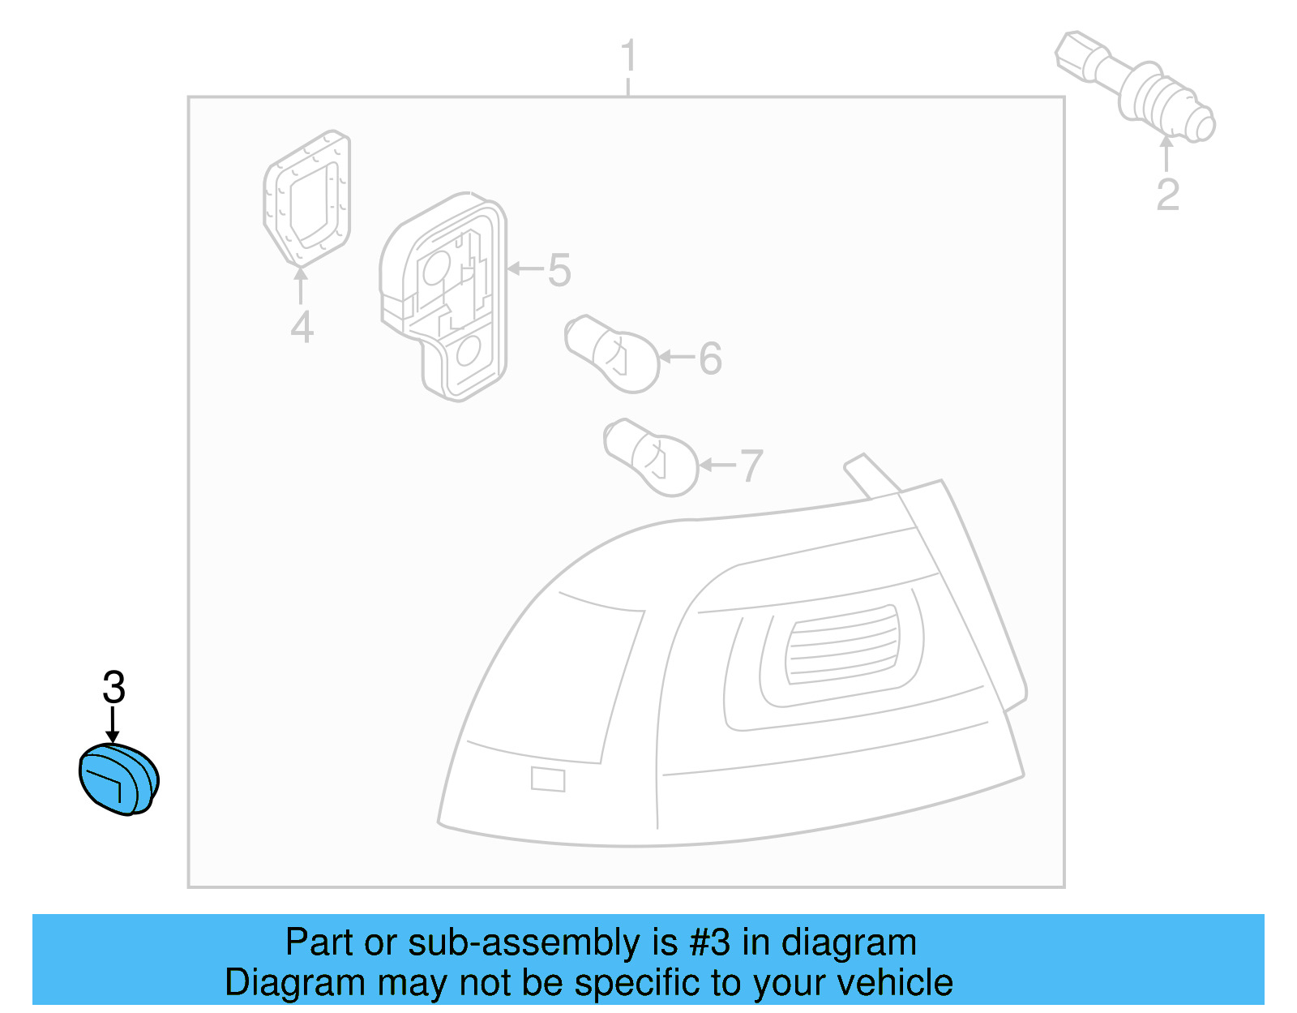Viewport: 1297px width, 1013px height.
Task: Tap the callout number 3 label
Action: (113, 688)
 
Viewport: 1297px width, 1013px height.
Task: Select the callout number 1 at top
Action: (628, 57)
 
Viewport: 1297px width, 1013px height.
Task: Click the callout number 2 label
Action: (1167, 195)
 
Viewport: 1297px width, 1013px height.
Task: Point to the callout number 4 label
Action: (302, 327)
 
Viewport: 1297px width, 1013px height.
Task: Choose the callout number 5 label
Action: (559, 270)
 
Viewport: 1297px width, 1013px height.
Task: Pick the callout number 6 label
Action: (710, 358)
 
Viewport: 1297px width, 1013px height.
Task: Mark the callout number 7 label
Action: (751, 466)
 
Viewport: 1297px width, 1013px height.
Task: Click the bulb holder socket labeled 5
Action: (444, 296)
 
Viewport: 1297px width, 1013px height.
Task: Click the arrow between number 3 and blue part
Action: (113, 724)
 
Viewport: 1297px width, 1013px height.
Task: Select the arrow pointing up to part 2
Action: (1166, 153)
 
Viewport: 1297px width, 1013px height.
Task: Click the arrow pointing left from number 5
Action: (524, 268)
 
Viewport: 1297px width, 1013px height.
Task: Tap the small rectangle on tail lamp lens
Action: (548, 779)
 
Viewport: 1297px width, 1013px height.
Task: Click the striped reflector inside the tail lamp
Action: (843, 644)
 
